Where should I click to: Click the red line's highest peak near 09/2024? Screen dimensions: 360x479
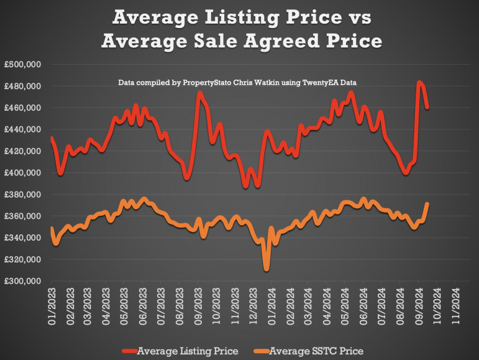(x=420, y=82)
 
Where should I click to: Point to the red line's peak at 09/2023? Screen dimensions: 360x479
(x=199, y=93)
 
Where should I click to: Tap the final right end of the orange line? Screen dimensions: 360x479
(x=427, y=203)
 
